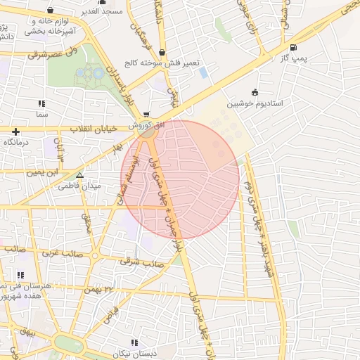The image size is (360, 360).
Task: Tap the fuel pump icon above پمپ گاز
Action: (293, 48)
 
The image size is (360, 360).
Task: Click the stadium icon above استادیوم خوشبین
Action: (255, 92)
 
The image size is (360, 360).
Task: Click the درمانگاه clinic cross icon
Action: (15, 131)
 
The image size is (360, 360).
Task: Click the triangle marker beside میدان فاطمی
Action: (79, 175)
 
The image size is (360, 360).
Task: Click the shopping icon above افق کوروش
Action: (146, 114)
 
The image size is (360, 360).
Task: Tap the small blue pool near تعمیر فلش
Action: (203, 72)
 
